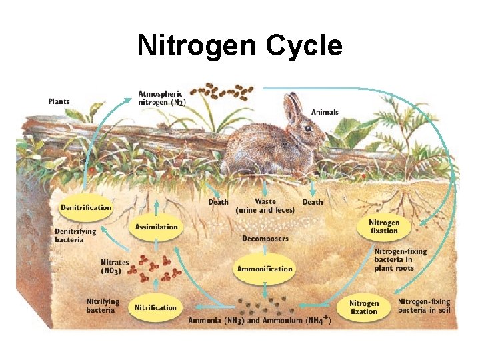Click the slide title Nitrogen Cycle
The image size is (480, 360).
coord(239,45)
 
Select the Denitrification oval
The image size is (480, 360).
coord(86,208)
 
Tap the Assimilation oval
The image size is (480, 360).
coord(156,227)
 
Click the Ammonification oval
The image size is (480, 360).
coord(265,269)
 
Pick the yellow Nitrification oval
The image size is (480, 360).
coord(155,307)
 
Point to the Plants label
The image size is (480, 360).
coord(59,102)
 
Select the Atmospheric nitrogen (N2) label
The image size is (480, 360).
coord(161,97)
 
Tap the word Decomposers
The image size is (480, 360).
coord(265,238)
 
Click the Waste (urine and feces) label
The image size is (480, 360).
coord(265,205)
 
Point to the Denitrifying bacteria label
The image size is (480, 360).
coord(75,235)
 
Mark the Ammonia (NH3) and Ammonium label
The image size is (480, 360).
coord(260,320)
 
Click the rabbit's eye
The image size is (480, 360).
coord(307,128)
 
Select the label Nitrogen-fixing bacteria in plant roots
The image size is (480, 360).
coord(400,260)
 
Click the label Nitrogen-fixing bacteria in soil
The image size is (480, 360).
coord(424,306)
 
